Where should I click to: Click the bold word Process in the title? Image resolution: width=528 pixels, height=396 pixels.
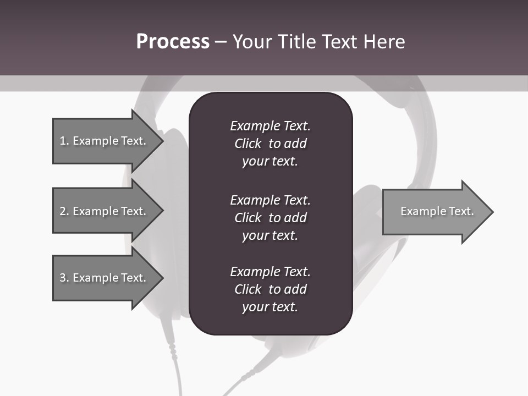[x=173, y=42]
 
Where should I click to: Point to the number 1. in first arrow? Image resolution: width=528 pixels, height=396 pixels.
[x=64, y=141]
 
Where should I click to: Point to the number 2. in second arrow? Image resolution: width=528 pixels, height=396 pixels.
[x=64, y=211]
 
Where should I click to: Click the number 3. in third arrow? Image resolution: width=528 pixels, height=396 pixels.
[x=64, y=278]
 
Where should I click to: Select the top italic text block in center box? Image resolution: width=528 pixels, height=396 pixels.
[x=270, y=144]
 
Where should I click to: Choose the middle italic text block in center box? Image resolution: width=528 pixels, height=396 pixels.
[x=270, y=218]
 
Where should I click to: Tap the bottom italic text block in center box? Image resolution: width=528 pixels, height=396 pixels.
[x=270, y=289]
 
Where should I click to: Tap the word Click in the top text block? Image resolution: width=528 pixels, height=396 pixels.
[x=248, y=144]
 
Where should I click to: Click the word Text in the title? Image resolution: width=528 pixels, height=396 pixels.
[x=339, y=42]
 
